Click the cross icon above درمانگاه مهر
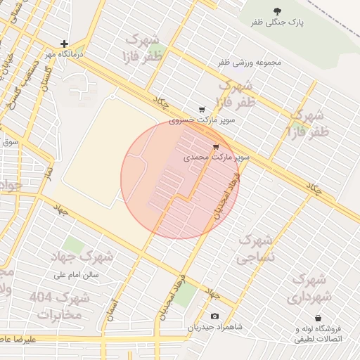64,44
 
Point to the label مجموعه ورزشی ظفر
249,63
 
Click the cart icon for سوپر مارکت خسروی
202,110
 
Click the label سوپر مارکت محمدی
217,158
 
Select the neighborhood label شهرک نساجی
256,250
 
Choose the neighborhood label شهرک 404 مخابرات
60,307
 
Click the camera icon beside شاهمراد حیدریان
214,316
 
